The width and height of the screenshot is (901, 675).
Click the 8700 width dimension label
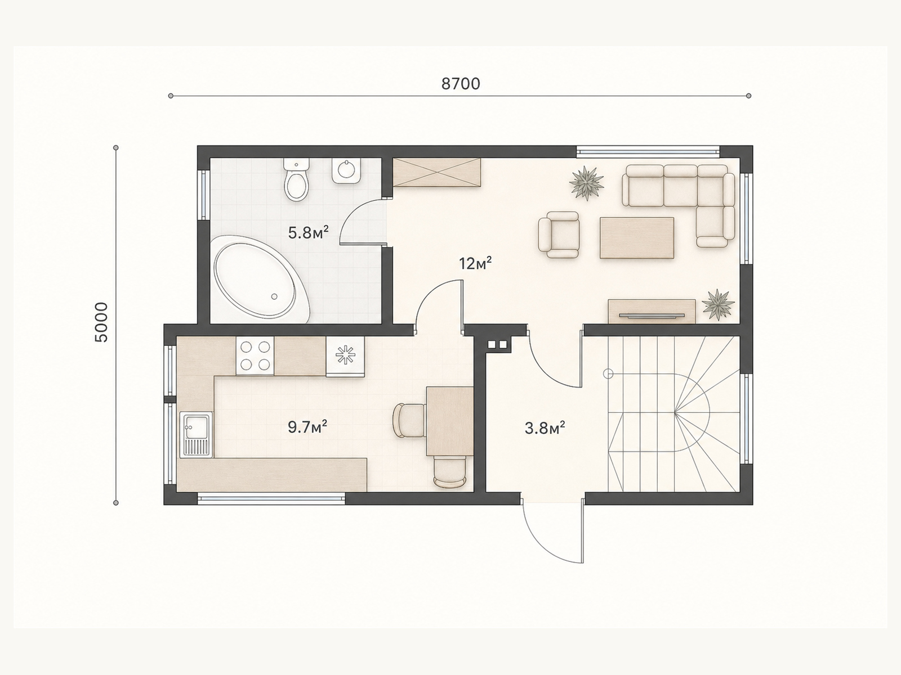(x=461, y=84)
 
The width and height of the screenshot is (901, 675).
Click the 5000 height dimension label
(x=101, y=322)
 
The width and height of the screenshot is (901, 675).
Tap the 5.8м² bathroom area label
(x=308, y=233)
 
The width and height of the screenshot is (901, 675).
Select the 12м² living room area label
(x=475, y=263)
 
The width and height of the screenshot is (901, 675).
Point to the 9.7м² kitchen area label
(x=307, y=427)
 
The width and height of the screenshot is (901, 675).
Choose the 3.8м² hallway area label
(x=545, y=428)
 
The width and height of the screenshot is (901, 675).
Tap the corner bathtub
(x=261, y=279)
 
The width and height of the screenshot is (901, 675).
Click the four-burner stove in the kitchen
(x=255, y=355)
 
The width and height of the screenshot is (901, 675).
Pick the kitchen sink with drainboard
(x=196, y=434)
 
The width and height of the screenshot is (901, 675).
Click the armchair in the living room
(x=559, y=235)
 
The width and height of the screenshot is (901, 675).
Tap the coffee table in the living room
(x=637, y=238)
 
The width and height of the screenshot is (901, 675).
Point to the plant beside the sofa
(x=587, y=183)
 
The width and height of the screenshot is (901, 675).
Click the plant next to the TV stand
(x=718, y=304)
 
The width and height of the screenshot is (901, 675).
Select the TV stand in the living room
(x=652, y=312)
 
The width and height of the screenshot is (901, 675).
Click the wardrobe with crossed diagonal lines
(x=437, y=173)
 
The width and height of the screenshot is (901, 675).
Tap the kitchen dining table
(x=450, y=421)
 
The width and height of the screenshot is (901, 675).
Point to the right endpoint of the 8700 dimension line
(x=749, y=96)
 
